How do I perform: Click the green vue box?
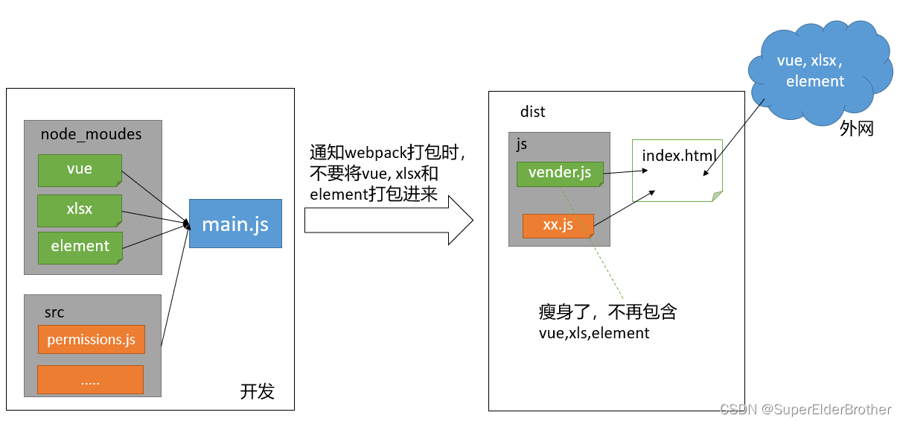pos(80,170)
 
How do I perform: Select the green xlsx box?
pos(80,210)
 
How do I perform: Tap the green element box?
pos(80,247)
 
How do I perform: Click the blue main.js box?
pos(235,224)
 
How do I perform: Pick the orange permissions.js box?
pos(91,340)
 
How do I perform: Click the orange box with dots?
pos(90,380)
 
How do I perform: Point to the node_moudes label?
pos(91,134)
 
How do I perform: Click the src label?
pos(54,312)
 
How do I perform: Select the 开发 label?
pos(257,391)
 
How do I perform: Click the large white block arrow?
pos(387,221)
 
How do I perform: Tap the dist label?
pos(532,112)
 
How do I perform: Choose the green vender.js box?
pos(560,173)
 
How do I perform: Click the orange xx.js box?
pos(558,225)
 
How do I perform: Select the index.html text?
pos(679,156)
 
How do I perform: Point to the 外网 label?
pos(856,129)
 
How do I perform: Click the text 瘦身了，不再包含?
pos(607,312)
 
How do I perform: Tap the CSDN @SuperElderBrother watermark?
pos(805,409)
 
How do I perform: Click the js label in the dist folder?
pos(522,145)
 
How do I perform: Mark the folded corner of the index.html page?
pos(717,197)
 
